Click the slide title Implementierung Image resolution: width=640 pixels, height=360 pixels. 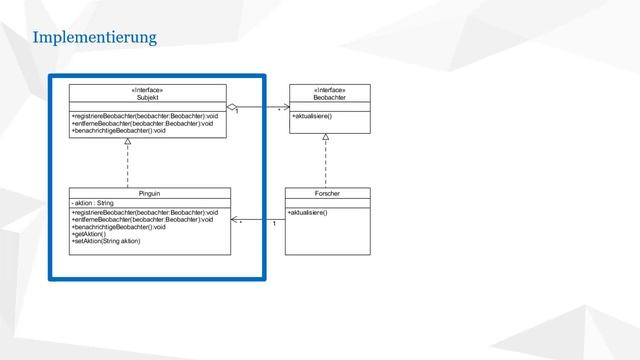pyautogui.click(x=94, y=39)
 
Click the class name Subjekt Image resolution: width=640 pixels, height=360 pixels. pyautogui.click(x=148, y=98)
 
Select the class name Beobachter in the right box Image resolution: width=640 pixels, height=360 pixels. pyautogui.click(x=329, y=98)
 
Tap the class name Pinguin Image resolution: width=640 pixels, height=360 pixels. pyautogui.click(x=149, y=192)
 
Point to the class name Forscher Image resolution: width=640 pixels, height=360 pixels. pyautogui.click(x=327, y=192)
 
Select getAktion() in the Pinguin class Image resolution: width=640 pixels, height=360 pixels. pyautogui.click(x=90, y=234)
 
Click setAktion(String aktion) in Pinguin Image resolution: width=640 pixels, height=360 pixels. pyautogui.click(x=106, y=242)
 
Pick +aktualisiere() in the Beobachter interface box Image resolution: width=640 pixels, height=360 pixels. pyautogui.click(x=312, y=117)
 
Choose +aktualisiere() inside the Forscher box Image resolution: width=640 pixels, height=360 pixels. pyautogui.click(x=308, y=213)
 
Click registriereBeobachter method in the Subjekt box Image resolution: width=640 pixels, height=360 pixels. pyautogui.click(x=146, y=116)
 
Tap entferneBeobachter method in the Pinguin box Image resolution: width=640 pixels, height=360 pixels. pyautogui.click(x=145, y=220)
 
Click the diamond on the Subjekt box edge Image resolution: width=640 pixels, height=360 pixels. pyautogui.click(x=232, y=105)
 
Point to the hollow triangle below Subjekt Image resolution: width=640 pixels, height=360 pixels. pyautogui.click(x=128, y=142)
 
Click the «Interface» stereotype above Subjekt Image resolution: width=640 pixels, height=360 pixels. pyautogui.click(x=148, y=90)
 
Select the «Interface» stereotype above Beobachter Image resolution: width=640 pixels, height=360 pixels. pyautogui.click(x=329, y=90)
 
